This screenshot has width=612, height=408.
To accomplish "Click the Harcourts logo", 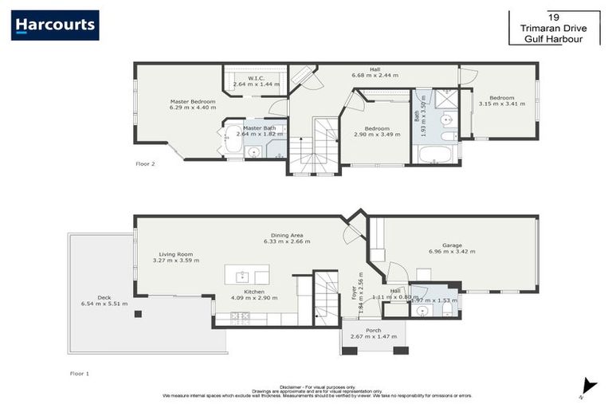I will (55, 25).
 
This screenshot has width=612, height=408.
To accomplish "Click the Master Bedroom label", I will (193, 102).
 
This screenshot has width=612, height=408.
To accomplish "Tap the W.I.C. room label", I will (255, 78).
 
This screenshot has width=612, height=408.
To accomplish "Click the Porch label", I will (373, 330).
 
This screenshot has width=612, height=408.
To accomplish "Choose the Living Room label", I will (176, 255).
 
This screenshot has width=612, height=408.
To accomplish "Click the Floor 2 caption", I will (145, 163).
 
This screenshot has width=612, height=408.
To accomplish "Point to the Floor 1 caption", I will (80, 372).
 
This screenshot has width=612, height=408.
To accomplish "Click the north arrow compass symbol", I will (589, 385).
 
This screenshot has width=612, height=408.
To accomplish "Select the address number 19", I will (553, 16).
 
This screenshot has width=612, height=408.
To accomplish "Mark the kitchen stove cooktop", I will (240, 317).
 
